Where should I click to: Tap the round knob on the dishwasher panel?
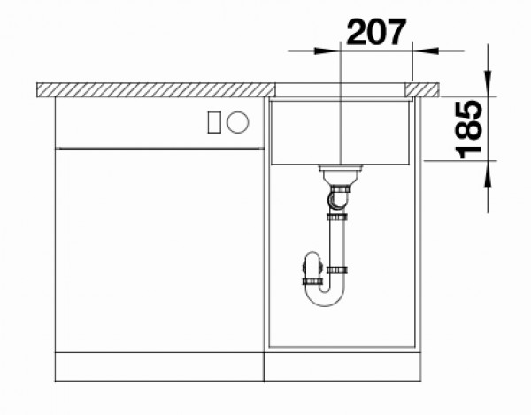point(237,123)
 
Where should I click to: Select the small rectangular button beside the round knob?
point(213,123)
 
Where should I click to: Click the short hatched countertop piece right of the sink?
point(424,88)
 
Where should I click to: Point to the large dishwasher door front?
point(159,252)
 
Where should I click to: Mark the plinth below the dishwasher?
point(159,366)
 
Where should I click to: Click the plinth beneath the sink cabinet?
point(342,366)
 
